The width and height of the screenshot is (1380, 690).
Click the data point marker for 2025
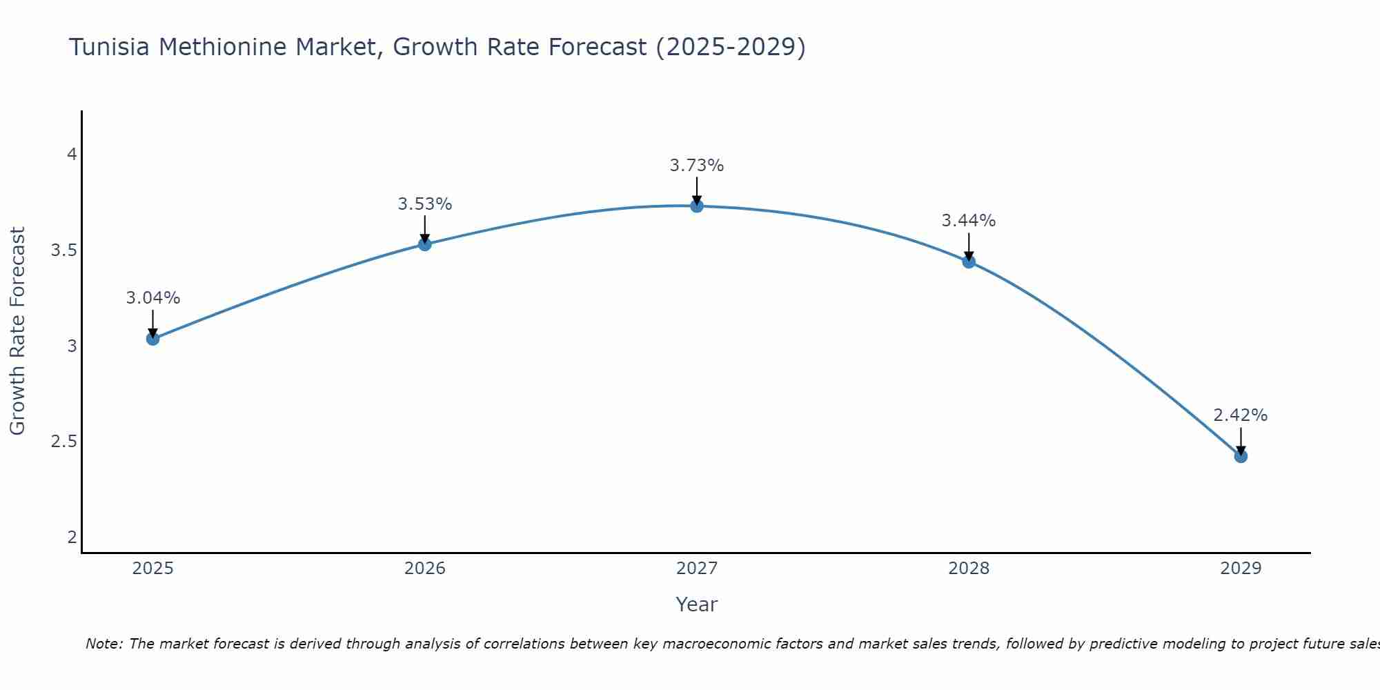click(x=153, y=339)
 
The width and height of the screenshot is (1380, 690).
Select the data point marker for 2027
click(x=697, y=206)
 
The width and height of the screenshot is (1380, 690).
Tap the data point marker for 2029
click(x=1241, y=456)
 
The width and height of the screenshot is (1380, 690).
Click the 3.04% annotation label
click(x=153, y=298)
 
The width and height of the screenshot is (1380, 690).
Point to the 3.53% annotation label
click(x=425, y=204)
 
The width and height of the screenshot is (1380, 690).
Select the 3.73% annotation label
click(x=697, y=166)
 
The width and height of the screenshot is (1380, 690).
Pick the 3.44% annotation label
click(x=969, y=221)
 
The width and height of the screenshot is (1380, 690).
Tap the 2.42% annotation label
click(x=1241, y=415)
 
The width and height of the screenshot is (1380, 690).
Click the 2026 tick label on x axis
click(x=425, y=569)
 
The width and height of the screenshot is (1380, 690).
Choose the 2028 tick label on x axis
click(x=969, y=569)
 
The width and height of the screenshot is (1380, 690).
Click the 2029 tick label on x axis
click(x=1241, y=569)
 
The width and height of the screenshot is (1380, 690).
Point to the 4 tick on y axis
click(x=72, y=155)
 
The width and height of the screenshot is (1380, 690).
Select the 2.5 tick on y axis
click(x=63, y=442)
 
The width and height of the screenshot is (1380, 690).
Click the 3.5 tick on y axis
click(x=63, y=250)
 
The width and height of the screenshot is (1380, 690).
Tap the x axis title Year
click(x=697, y=604)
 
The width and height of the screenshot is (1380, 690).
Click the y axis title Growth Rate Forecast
click(x=17, y=331)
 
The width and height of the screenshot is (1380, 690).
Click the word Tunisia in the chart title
click(x=110, y=47)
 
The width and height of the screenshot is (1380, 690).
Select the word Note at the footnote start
click(x=103, y=644)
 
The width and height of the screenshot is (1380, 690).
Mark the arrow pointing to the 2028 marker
click(x=969, y=247)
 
